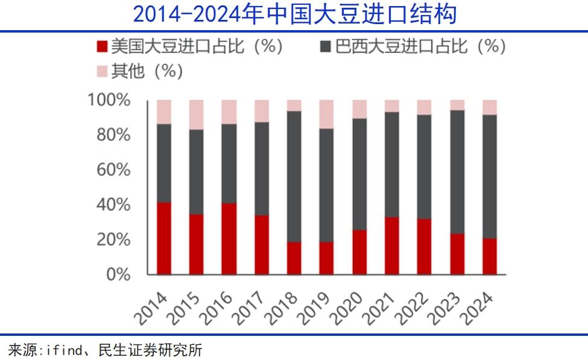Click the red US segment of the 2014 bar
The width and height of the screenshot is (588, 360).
[x=164, y=238]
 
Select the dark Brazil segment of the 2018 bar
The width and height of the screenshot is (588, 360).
[x=294, y=176]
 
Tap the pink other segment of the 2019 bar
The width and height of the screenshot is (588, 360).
[x=327, y=114]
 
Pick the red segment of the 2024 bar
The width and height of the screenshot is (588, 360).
[x=490, y=256]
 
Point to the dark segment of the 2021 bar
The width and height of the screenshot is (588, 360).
[x=392, y=164]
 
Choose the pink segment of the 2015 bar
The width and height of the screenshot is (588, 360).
[x=197, y=115]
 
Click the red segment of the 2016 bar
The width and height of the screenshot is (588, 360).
[x=229, y=239]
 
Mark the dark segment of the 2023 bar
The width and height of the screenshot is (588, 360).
[x=457, y=172]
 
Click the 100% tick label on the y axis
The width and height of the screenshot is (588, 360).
[x=109, y=100]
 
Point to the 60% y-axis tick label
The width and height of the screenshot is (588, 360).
[x=113, y=169]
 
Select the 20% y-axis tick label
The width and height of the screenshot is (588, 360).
[x=113, y=239]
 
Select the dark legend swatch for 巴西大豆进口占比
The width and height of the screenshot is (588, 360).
[x=326, y=46]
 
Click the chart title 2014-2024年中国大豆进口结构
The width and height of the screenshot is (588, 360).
[x=294, y=14]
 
